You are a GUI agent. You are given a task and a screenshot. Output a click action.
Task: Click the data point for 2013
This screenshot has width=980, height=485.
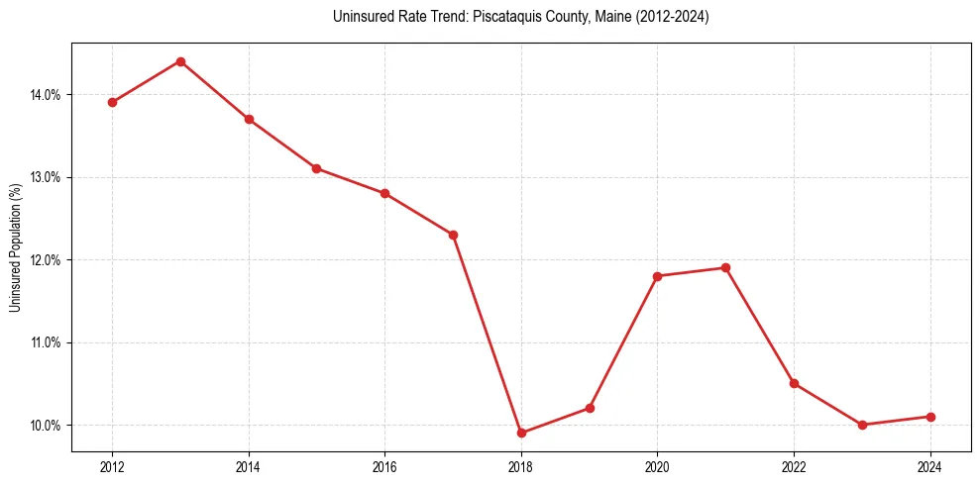180,61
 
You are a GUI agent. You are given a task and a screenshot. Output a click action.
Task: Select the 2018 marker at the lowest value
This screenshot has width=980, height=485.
521,433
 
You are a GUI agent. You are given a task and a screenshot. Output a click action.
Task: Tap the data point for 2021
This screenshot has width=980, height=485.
725,267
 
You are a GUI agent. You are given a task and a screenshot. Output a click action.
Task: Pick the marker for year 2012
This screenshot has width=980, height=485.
112,102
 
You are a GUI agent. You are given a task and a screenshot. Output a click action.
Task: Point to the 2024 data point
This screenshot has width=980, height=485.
930,417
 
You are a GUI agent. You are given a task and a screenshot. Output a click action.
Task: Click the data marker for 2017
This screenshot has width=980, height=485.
453,235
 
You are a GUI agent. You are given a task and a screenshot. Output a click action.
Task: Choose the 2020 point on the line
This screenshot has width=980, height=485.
657,276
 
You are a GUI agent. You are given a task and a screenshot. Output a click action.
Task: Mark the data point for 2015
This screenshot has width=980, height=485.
316,168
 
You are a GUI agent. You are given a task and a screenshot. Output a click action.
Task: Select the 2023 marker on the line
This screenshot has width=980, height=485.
862,425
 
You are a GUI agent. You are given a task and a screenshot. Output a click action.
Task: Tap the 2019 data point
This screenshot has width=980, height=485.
590,408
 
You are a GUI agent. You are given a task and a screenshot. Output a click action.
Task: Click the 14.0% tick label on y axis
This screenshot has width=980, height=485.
45,95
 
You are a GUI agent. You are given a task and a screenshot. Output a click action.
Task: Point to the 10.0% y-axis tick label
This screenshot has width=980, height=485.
45,426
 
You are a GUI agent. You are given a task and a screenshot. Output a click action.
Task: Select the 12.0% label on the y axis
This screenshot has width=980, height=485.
45,260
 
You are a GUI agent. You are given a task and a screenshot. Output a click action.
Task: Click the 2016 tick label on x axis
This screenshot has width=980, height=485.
384,468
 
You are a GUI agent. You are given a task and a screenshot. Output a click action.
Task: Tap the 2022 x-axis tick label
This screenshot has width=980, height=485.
794,468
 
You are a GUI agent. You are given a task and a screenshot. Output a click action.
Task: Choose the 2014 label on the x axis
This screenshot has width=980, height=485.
249,468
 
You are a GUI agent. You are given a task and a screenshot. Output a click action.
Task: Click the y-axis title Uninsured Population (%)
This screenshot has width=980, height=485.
16,247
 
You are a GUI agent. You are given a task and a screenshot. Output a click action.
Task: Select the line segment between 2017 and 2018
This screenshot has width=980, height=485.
487,334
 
